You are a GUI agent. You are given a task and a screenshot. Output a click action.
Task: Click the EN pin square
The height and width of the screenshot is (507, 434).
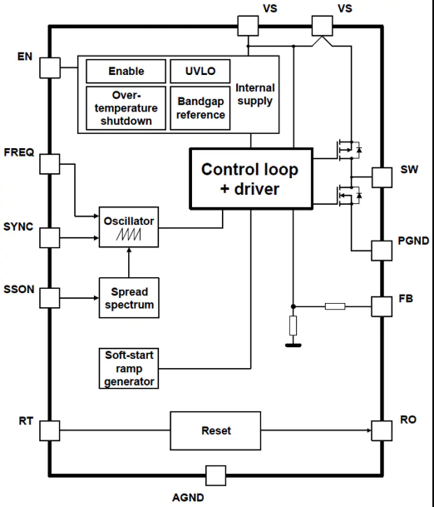coord(50,68)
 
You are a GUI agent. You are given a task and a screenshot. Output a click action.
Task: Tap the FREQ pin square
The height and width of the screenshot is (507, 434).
coord(50,164)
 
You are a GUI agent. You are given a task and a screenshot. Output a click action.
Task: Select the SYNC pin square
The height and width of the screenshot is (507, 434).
coord(50,238)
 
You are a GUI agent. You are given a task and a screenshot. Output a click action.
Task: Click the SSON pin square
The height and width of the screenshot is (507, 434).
coord(50,298)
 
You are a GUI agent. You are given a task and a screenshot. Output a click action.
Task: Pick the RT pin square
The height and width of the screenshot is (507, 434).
coord(50,430)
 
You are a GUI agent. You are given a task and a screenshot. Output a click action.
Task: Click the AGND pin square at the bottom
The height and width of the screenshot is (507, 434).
coord(215,475)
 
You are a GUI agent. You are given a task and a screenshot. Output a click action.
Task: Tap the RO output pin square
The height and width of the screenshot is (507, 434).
coord(382,430)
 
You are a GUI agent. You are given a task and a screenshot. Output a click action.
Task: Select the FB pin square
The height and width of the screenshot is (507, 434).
coord(382,306)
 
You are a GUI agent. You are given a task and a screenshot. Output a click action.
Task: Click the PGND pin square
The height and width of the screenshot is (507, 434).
coord(382,251)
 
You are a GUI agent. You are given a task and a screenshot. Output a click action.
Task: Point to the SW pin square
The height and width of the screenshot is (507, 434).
coord(382,177)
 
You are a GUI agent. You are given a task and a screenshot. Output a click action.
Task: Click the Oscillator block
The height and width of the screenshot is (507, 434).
coord(129,227)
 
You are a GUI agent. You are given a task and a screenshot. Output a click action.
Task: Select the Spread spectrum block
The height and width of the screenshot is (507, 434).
coord(129,298)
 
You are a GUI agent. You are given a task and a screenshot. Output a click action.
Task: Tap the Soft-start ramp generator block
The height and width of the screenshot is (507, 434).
coord(129,368)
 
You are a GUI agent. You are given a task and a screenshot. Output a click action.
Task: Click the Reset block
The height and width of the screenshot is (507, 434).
coord(215,430)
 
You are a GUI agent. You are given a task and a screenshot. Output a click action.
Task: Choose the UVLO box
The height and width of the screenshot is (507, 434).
coord(200,71)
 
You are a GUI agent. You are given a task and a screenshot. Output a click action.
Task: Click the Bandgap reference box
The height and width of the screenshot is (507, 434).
coord(200,108)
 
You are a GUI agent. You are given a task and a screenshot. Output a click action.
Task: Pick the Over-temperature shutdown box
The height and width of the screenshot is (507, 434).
coord(126,108)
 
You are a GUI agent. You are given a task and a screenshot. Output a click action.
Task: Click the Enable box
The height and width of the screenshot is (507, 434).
coord(126,71)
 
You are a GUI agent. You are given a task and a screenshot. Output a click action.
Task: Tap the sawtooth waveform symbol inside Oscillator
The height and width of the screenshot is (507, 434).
coord(129,235)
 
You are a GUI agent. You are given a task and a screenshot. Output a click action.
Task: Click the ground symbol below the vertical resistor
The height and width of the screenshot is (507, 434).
coord(293,345)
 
